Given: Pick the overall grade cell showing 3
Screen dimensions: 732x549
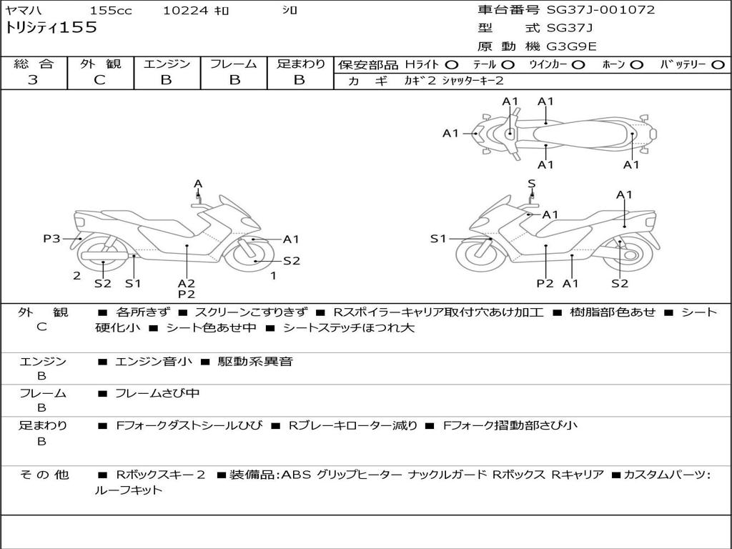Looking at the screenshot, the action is coord(33,80).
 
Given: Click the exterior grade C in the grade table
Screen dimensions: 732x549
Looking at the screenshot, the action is coord(99,80).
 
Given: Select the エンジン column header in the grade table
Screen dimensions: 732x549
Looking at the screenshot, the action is coord(167,64).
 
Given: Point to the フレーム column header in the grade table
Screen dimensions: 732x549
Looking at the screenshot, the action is coord(234,64).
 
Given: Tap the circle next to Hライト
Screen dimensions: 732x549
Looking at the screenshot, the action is coord(452,65).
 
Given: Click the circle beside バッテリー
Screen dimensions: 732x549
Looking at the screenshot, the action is coord(718,65).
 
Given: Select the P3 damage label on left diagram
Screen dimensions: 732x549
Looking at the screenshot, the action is coord(51,239).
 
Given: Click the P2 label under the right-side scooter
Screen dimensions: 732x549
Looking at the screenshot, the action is coord(545,283).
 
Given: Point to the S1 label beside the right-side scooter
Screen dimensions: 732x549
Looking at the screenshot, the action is coord(438,239).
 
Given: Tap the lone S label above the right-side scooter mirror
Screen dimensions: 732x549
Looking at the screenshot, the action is coord(531,184).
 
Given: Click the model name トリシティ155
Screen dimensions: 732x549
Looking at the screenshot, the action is coord(51,28).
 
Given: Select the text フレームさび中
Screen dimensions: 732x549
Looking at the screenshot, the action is coord(157,393).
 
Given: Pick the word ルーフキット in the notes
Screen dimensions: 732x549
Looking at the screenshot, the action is coord(129,490).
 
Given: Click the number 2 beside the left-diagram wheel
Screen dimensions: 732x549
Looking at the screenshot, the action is coord(76,275).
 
